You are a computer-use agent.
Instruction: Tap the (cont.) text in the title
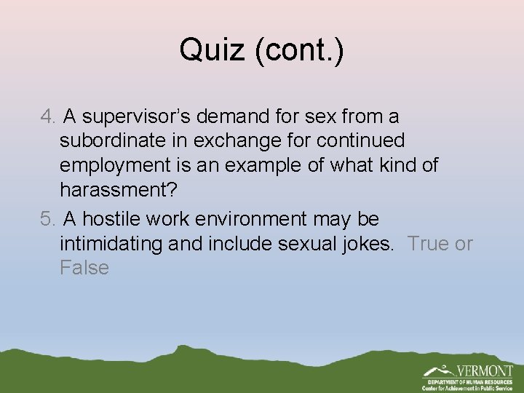click(x=301, y=50)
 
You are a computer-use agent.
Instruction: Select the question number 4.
click(x=47, y=116)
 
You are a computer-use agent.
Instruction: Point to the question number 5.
click(x=47, y=218)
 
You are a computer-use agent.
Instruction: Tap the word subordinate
click(x=117, y=140)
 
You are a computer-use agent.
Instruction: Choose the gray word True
click(x=429, y=243)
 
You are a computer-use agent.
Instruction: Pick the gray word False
click(x=84, y=268)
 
